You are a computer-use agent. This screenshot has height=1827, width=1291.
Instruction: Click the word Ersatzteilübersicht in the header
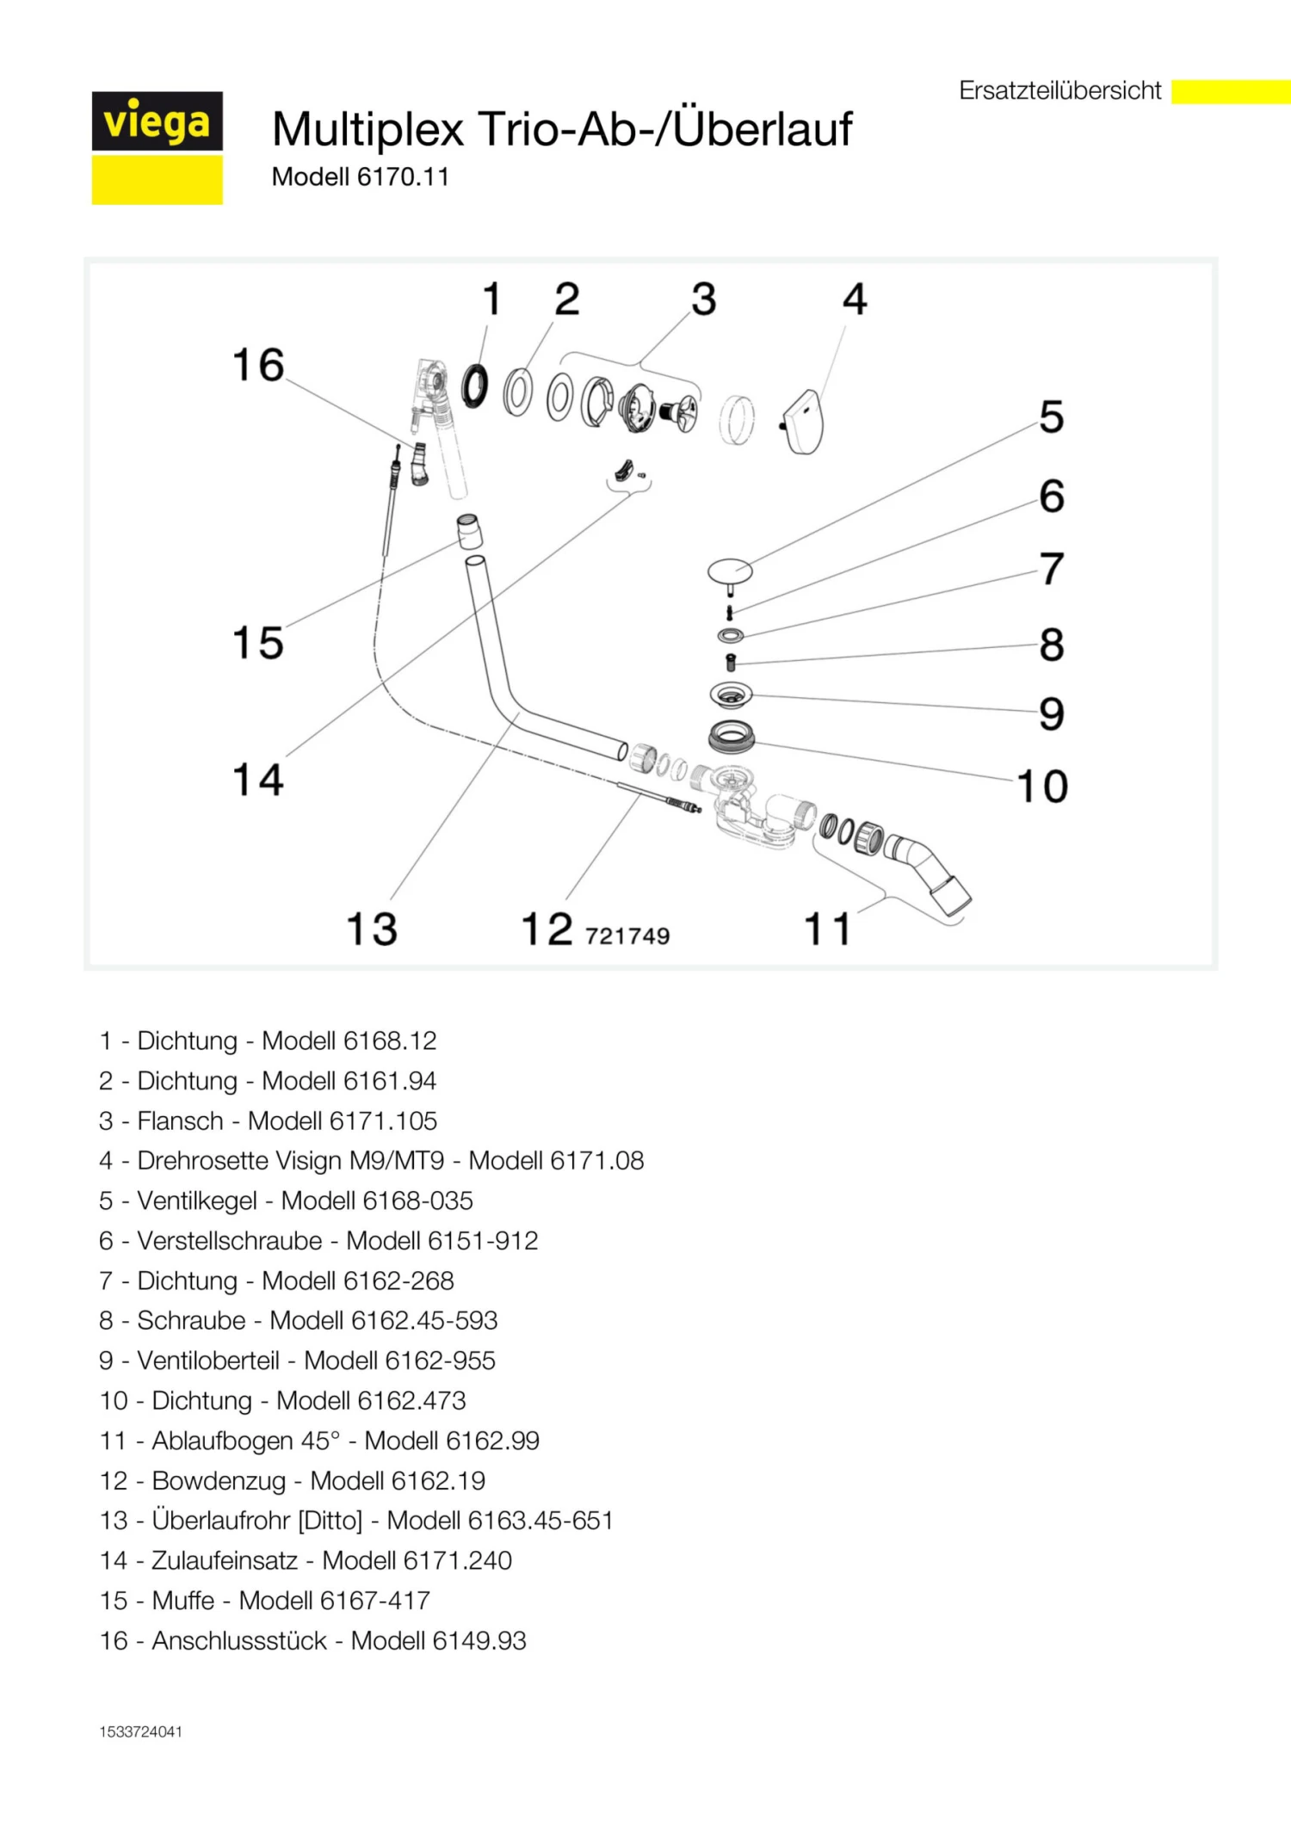[1059, 90]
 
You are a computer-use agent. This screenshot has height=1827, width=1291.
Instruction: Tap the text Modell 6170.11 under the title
[360, 177]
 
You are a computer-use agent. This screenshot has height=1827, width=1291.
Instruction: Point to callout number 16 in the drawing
[258, 365]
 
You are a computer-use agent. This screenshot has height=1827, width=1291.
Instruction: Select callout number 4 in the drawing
[854, 299]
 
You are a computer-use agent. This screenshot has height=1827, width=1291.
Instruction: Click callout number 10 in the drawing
[1042, 786]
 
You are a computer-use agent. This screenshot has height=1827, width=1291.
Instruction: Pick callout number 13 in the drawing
[372, 929]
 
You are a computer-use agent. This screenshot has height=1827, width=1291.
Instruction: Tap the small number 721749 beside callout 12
[627, 935]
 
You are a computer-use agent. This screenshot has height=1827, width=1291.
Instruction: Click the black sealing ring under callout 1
[474, 386]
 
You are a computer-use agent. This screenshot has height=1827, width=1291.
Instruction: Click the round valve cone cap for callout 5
[730, 570]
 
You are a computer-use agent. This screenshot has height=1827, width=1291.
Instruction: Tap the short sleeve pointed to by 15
[469, 531]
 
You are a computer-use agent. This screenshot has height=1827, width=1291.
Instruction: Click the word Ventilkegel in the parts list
[197, 1201]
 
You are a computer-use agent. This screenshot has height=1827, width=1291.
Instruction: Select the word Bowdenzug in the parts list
[219, 1480]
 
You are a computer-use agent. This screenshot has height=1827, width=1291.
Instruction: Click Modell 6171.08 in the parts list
[556, 1161]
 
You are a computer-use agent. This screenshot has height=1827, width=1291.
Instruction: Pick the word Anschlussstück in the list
[239, 1640]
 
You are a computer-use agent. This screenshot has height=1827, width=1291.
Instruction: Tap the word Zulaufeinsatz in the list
[225, 1560]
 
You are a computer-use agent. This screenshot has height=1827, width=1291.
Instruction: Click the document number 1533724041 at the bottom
[140, 1731]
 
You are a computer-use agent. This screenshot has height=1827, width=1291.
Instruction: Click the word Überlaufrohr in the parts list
[221, 1520]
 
